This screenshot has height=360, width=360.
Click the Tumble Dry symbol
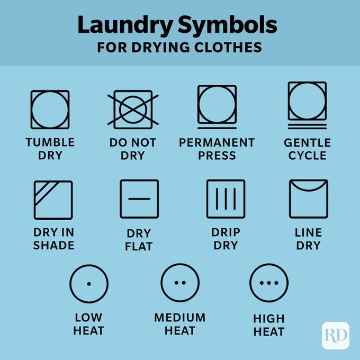50,110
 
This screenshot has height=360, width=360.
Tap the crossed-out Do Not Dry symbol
133,110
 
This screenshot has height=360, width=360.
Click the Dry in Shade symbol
53,200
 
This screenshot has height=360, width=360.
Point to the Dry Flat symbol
139,199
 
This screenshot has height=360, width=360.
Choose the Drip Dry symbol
226,199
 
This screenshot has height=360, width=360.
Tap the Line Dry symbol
308,199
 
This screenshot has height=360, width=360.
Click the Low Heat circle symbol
88,283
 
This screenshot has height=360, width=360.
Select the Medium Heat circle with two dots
180,283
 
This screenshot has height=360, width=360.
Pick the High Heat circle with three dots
269,283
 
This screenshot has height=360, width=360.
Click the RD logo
335,335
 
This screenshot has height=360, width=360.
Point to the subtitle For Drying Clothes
179,47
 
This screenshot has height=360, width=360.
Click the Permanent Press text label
217,149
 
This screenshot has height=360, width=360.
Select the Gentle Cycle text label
307,149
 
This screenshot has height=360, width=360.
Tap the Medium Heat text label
179,324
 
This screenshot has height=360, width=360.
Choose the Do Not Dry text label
133,149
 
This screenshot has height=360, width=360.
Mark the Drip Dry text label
226,239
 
